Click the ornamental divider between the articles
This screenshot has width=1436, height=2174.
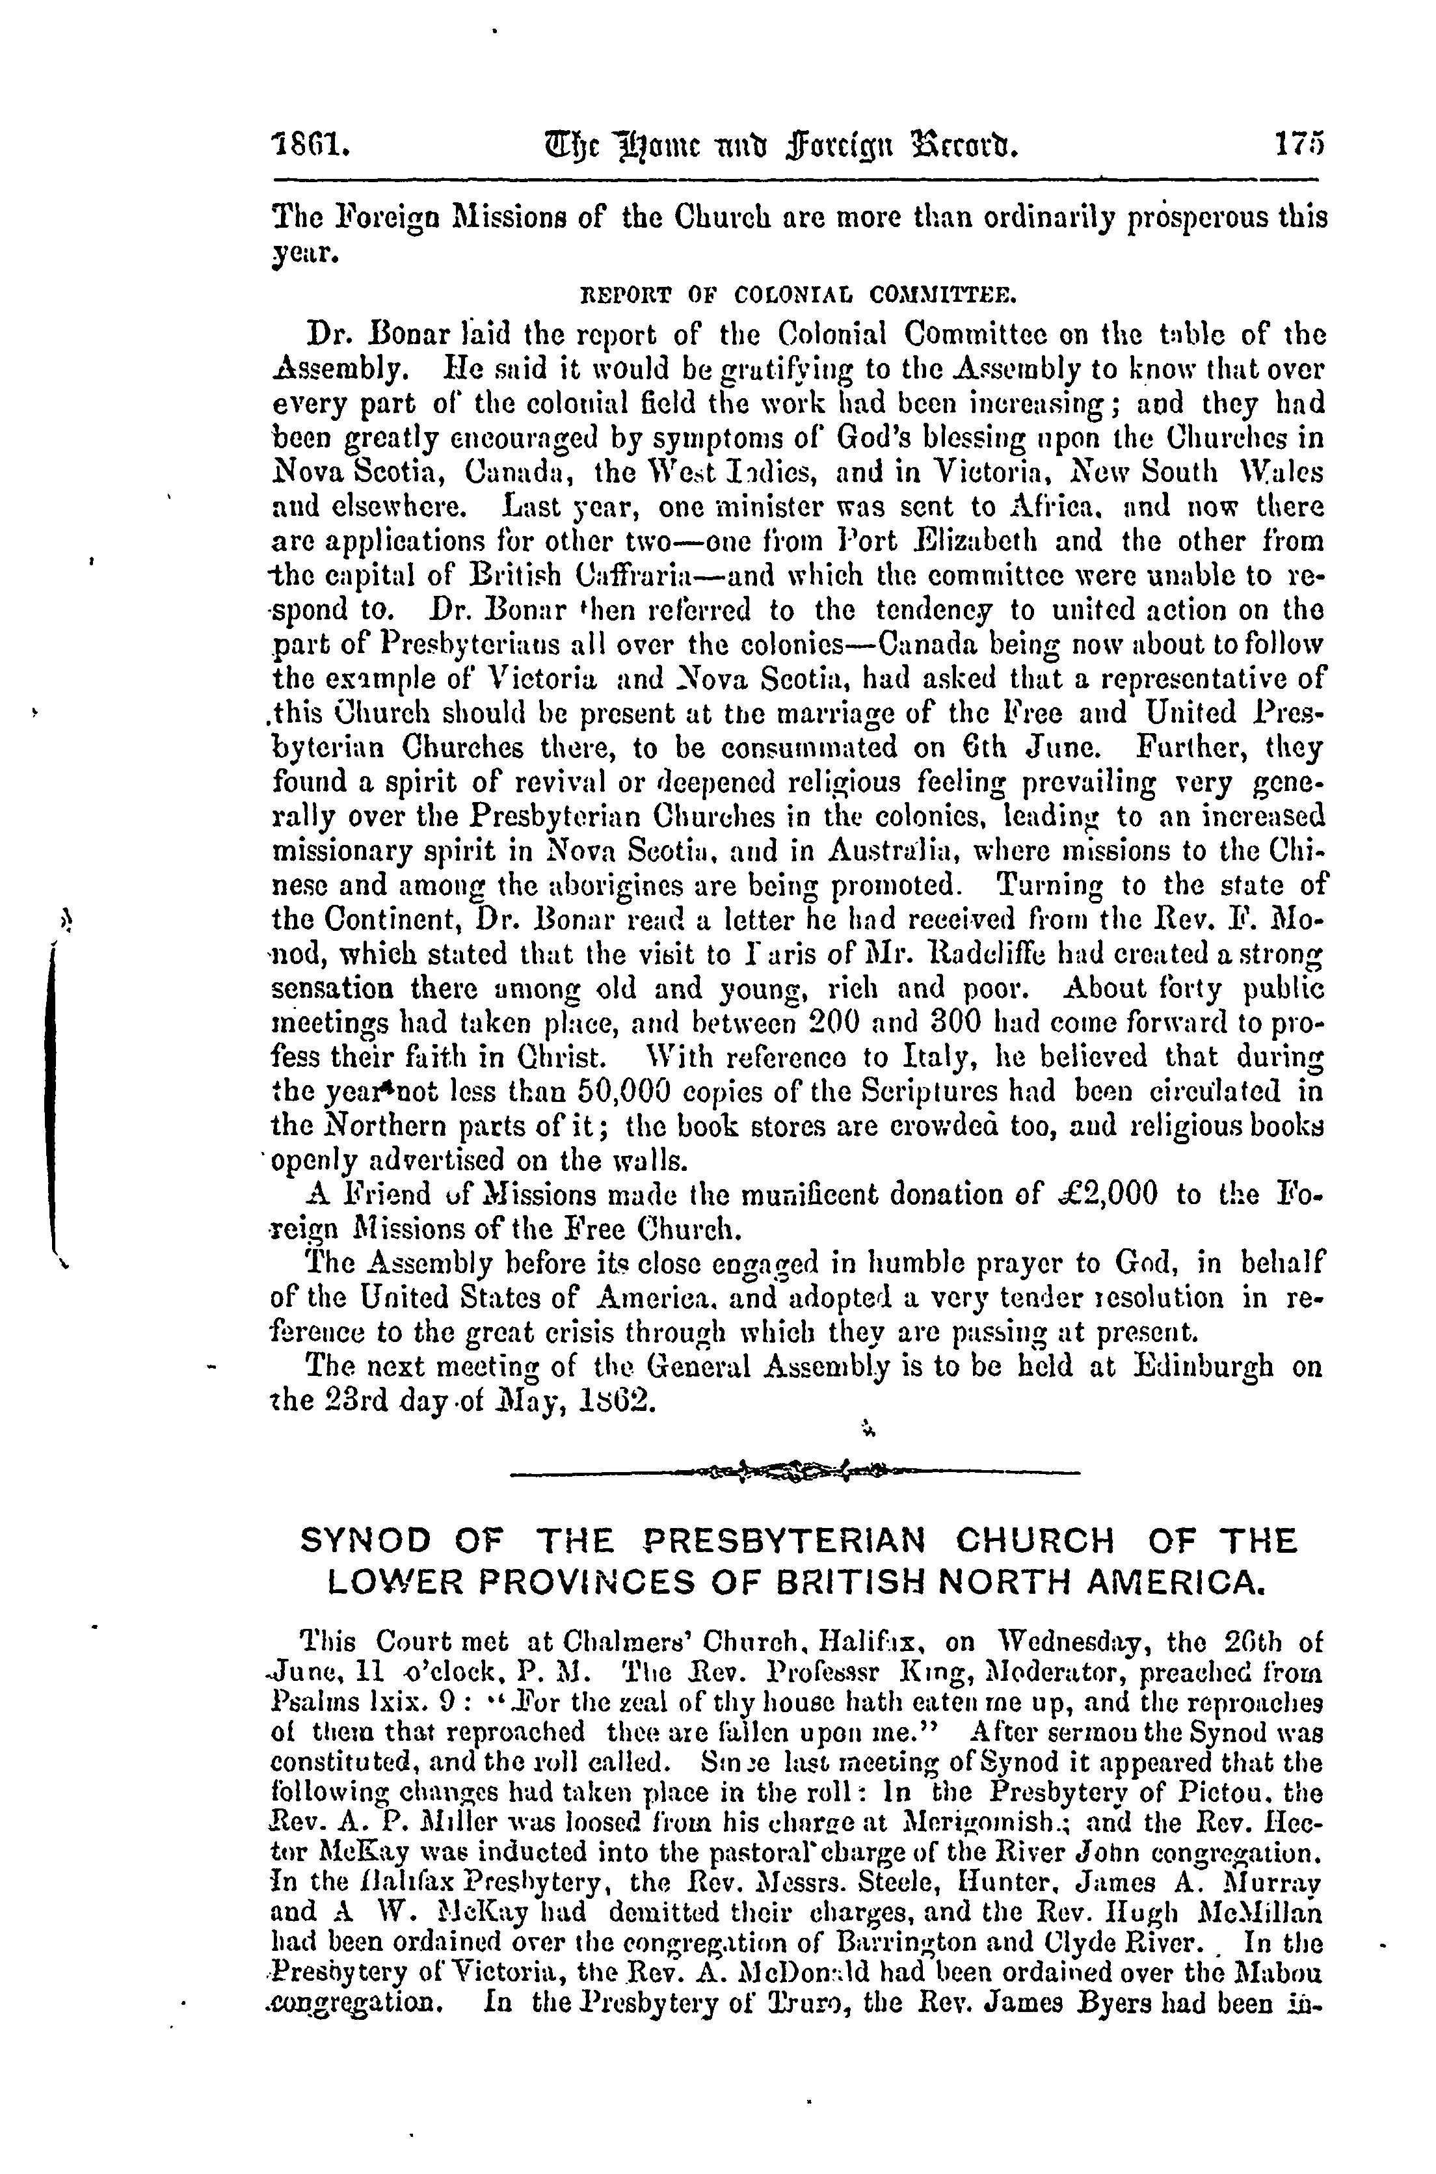pyautogui.click(x=794, y=1473)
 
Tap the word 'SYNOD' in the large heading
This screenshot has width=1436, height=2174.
pyautogui.click(x=366, y=1540)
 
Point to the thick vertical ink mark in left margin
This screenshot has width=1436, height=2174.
pyautogui.click(x=55, y=1090)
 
